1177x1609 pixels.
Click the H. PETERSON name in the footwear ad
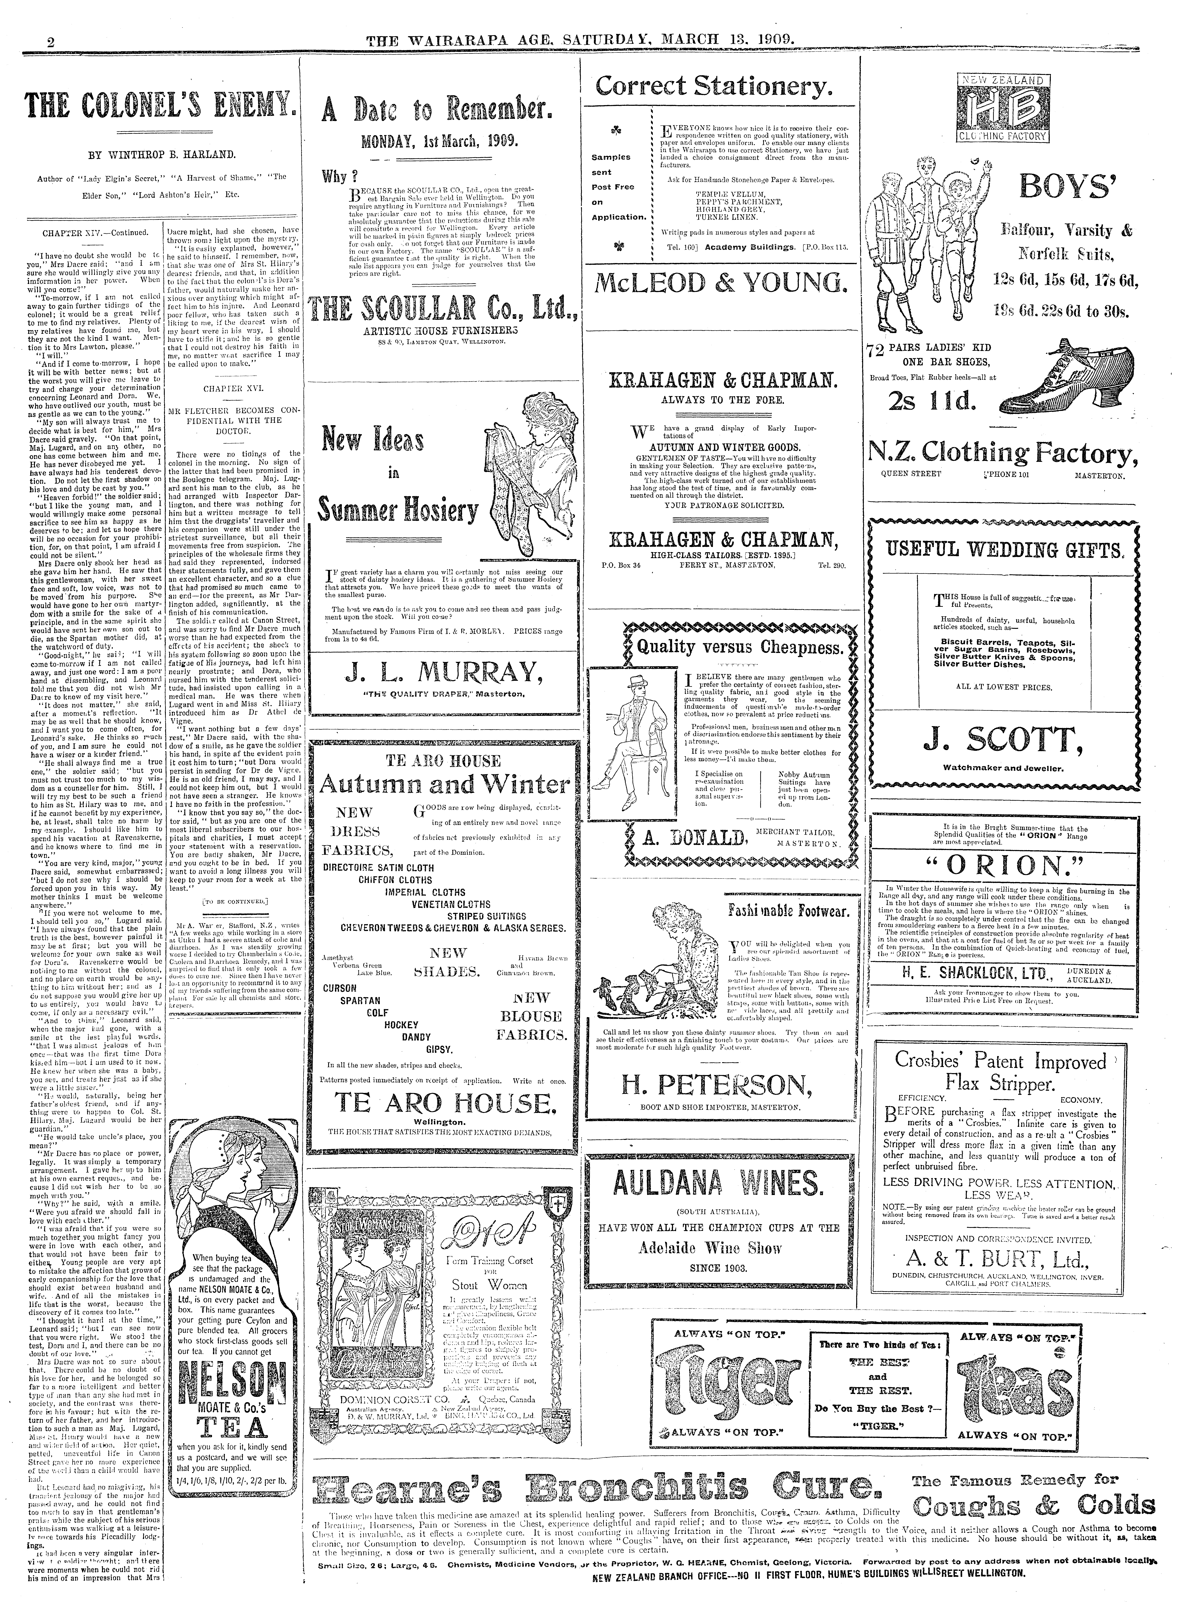717,1085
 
